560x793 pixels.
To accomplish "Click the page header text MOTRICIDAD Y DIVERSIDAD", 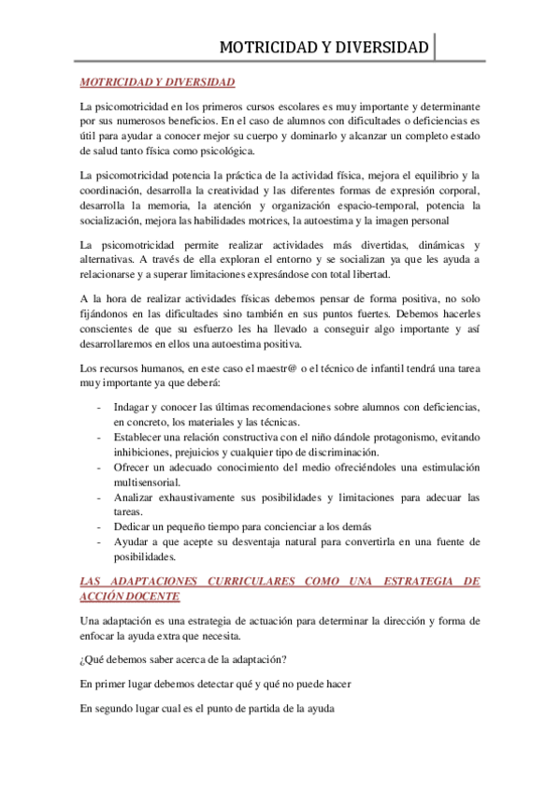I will [323, 47].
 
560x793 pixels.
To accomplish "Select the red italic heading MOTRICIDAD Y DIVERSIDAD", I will [157, 82].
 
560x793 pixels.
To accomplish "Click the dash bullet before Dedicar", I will [100, 526].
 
